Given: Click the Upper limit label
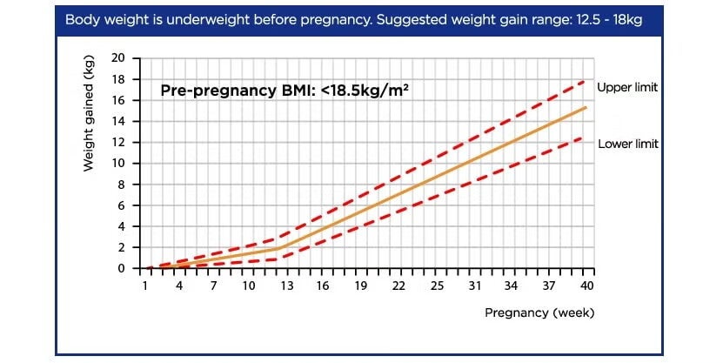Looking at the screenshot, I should point(627,88).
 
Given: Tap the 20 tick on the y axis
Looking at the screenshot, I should point(120,58).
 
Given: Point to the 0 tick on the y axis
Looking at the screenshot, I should point(123,268).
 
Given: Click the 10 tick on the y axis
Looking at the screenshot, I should point(120,164).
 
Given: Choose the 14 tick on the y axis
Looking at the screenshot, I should point(120,121).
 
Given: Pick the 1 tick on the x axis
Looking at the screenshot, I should point(144,286).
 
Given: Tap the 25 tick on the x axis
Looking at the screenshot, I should point(438,286).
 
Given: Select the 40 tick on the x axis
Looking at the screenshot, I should point(587,286).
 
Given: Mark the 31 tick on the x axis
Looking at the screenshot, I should point(475,286).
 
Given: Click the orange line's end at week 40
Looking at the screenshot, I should point(587,108).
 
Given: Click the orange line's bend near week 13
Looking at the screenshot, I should point(279,248).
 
